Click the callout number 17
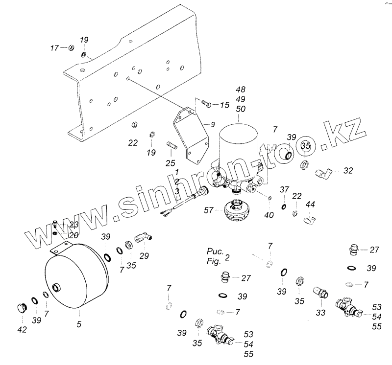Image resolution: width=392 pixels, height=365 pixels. click(x=55, y=48)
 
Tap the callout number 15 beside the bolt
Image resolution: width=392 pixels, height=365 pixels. click(x=224, y=105)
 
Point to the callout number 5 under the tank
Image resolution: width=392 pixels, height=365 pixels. click(x=79, y=323)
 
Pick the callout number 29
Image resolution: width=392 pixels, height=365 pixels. click(x=145, y=256)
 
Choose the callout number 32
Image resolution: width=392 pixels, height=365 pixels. click(x=348, y=171)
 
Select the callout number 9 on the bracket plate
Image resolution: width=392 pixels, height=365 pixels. click(x=213, y=125)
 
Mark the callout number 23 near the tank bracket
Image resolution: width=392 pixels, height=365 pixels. click(x=73, y=225)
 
